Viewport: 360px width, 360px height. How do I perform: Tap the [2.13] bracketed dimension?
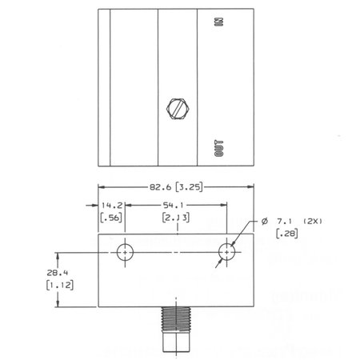[x=174, y=218]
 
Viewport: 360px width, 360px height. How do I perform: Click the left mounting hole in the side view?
[x=124, y=251]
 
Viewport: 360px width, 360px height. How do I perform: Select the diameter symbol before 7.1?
[x=264, y=219]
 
